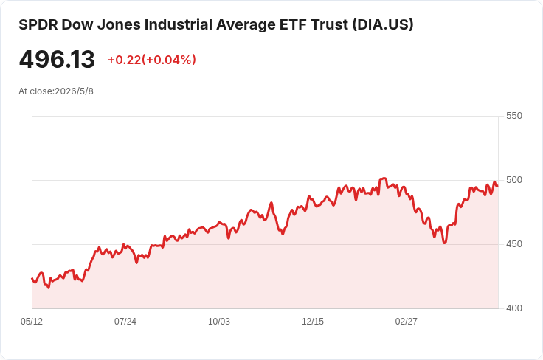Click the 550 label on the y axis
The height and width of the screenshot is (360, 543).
point(514,116)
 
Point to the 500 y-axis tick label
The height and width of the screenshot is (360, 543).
point(514,180)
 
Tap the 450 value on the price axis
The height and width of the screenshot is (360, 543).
point(514,244)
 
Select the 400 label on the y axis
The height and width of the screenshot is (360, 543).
point(514,308)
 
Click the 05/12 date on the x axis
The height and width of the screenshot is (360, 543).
point(32,322)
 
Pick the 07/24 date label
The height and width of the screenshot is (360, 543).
point(125,322)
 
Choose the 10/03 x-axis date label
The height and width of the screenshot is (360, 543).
point(219,322)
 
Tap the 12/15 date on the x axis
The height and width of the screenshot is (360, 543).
point(313,322)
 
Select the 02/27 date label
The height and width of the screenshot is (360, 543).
point(407,322)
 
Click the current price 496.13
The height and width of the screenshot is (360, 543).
point(57,60)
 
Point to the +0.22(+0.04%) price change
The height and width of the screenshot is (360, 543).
point(152,60)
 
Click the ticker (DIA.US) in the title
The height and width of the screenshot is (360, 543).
point(383,25)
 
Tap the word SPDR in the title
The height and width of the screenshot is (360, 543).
point(38,25)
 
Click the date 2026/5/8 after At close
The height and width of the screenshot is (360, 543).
point(74,91)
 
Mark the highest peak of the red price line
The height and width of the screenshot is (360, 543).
point(383,179)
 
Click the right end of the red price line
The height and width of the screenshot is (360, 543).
point(498,186)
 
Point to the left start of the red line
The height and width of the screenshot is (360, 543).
point(32,278)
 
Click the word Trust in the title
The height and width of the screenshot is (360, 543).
point(330,25)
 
